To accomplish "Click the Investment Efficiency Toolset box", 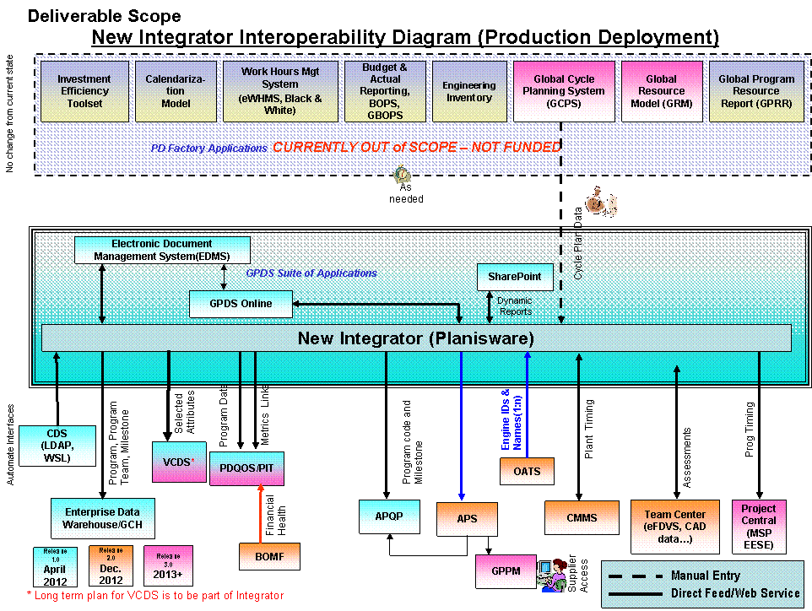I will (x=84, y=91).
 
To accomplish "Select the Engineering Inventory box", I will (x=468, y=91).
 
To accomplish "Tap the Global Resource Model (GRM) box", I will (x=661, y=91).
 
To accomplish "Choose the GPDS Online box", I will (x=241, y=304).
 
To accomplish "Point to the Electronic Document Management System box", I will (x=162, y=250).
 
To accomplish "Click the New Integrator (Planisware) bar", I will (x=416, y=338).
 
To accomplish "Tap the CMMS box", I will (x=581, y=517).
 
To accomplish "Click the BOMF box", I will (x=270, y=556).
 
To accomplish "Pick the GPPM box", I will (x=506, y=571).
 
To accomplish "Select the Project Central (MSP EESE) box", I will (x=758, y=527).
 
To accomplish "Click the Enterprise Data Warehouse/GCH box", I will (x=102, y=518).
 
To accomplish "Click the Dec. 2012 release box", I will (x=111, y=565).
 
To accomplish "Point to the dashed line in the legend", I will (x=636, y=576).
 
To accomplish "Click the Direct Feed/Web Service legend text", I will (x=734, y=593).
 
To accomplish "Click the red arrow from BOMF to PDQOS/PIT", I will (x=261, y=515).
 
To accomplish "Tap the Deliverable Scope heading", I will (x=104, y=16).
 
